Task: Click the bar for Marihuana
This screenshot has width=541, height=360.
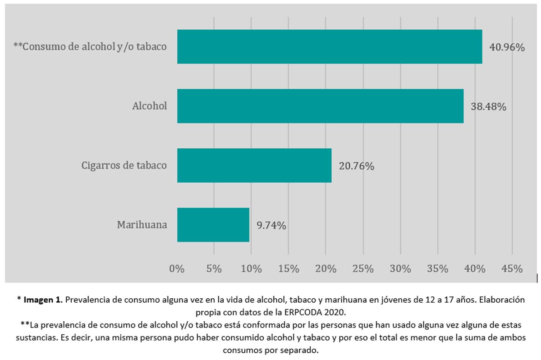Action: pyautogui.click(x=213, y=225)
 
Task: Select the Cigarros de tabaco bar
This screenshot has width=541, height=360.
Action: pyautogui.click(x=254, y=165)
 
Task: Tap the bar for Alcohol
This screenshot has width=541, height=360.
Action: pyautogui.click(x=320, y=106)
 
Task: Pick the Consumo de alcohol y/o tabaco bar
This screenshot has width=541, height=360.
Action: pyautogui.click(x=329, y=46)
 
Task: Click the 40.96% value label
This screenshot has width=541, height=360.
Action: pyautogui.click(x=507, y=47)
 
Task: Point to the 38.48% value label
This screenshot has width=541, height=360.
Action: pyautogui.click(x=489, y=107)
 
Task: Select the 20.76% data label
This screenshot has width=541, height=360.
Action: pyautogui.click(x=356, y=166)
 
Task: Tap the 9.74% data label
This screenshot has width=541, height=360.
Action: pyautogui.click(x=271, y=226)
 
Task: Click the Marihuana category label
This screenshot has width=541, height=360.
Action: pyautogui.click(x=142, y=225)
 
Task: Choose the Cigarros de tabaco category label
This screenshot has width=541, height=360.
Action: pyautogui.click(x=124, y=165)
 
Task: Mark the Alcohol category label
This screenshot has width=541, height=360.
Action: pyautogui.click(x=150, y=106)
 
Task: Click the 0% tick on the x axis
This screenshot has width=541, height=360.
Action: pyautogui.click(x=177, y=269)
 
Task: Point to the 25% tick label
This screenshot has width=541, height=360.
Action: pyautogui.click(x=363, y=269)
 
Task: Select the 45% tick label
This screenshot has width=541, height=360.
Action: pyautogui.click(x=512, y=269)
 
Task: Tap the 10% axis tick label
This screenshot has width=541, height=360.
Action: pyautogui.click(x=252, y=269)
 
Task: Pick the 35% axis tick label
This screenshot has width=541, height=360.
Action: pyautogui.click(x=437, y=269)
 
